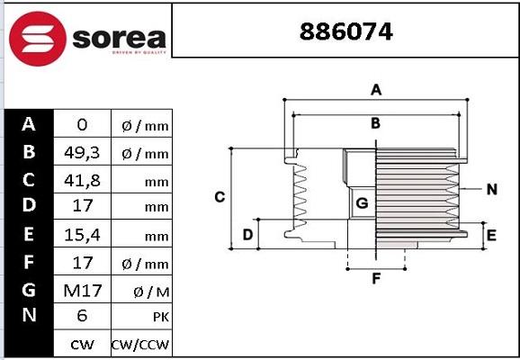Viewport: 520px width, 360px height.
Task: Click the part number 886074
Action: pos(345,31)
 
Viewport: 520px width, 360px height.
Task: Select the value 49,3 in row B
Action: pos(81,153)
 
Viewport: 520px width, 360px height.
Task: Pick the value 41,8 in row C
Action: pos(81,180)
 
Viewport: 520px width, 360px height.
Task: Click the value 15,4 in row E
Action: pos(81,235)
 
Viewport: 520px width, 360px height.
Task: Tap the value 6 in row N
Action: pos(81,316)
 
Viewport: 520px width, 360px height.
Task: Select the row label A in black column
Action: pos(29,124)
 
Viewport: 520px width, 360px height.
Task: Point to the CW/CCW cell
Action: pos(139,344)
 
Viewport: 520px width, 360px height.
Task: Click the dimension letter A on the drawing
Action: pos(377,89)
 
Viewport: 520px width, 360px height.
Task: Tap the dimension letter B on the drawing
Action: pos(376,122)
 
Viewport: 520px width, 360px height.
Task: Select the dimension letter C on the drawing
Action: pos(219,196)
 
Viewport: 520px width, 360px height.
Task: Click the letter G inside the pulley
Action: pos(362,203)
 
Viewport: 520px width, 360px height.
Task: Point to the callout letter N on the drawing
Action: pos(491,189)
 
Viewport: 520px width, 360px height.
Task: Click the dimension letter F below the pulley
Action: pos(377,278)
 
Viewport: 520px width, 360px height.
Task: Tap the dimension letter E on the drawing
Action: pos(491,236)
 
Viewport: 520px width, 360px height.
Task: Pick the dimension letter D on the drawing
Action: pos(247,235)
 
